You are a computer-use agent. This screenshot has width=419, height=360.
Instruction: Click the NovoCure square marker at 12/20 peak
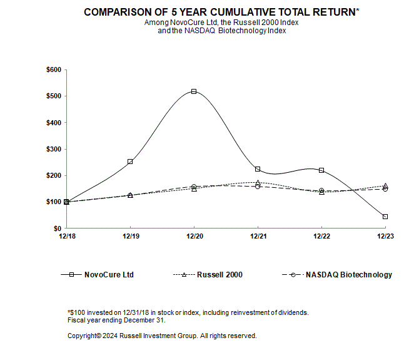194,91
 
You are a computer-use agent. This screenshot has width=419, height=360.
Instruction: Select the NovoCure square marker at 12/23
385,217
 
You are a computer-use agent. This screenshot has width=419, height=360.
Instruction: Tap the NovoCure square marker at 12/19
130,162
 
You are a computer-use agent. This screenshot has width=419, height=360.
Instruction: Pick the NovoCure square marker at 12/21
258,169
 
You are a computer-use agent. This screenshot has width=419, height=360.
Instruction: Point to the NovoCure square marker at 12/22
321,170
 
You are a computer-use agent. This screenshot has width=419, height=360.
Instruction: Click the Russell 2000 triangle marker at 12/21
258,183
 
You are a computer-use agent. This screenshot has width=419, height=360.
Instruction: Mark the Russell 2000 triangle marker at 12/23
385,186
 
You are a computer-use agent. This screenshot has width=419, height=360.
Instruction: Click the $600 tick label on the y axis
53,70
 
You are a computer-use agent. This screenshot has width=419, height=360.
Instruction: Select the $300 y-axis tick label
53,149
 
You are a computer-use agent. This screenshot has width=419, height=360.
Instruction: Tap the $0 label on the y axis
56,229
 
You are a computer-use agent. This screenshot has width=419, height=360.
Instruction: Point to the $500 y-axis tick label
53,96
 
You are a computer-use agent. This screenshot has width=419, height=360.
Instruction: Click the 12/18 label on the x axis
66,237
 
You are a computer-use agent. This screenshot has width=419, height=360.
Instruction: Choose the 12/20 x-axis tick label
194,237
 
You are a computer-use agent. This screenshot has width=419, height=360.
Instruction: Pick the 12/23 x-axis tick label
385,237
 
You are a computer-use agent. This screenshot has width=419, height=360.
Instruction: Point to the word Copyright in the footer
84,336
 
